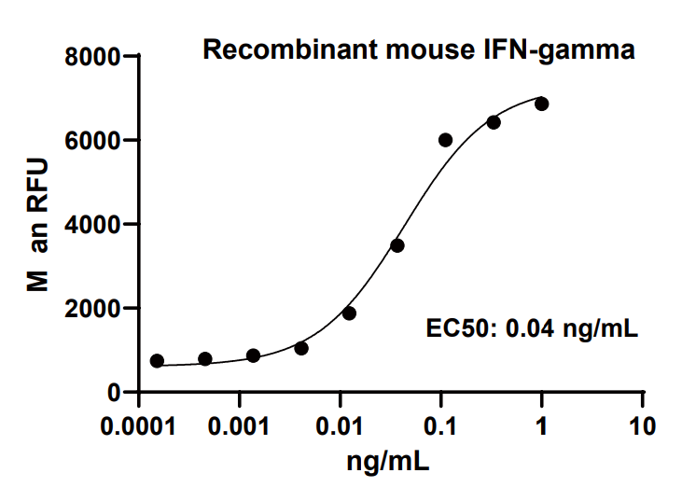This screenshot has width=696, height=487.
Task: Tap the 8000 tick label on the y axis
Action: click(96, 58)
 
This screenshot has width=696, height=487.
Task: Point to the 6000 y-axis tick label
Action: click(96, 141)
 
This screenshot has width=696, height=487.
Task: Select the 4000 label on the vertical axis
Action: click(96, 225)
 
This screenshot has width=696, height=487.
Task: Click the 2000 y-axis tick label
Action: click(96, 309)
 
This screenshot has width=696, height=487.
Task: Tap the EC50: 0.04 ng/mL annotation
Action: click(532, 327)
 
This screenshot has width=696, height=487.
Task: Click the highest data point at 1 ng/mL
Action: click(541, 104)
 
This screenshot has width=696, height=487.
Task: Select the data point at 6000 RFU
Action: click(445, 140)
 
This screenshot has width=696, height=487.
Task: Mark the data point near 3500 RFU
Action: click(397, 245)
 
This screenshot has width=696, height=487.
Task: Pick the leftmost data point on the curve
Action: click(157, 361)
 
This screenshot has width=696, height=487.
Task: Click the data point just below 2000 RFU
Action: click(349, 313)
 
